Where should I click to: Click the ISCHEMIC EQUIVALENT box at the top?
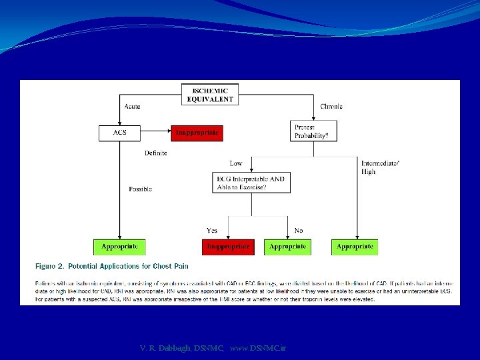[x=210, y=95]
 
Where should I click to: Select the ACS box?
[x=119, y=133]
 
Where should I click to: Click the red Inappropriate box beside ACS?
[x=197, y=133]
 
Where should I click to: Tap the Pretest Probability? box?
[x=315, y=131]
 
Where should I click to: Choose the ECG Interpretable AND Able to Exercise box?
[x=251, y=183]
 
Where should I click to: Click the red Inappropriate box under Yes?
[x=228, y=247]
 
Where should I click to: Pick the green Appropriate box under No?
[x=287, y=247]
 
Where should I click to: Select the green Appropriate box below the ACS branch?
[x=119, y=247]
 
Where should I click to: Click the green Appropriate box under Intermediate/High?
[x=355, y=247]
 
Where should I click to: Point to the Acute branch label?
[x=132, y=106]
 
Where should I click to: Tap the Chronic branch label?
[x=331, y=106]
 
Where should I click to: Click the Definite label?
[x=156, y=153]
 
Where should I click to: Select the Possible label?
[x=141, y=189]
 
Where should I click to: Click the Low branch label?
[x=236, y=163]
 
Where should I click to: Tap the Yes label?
[x=212, y=231]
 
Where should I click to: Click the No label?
[x=298, y=231]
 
